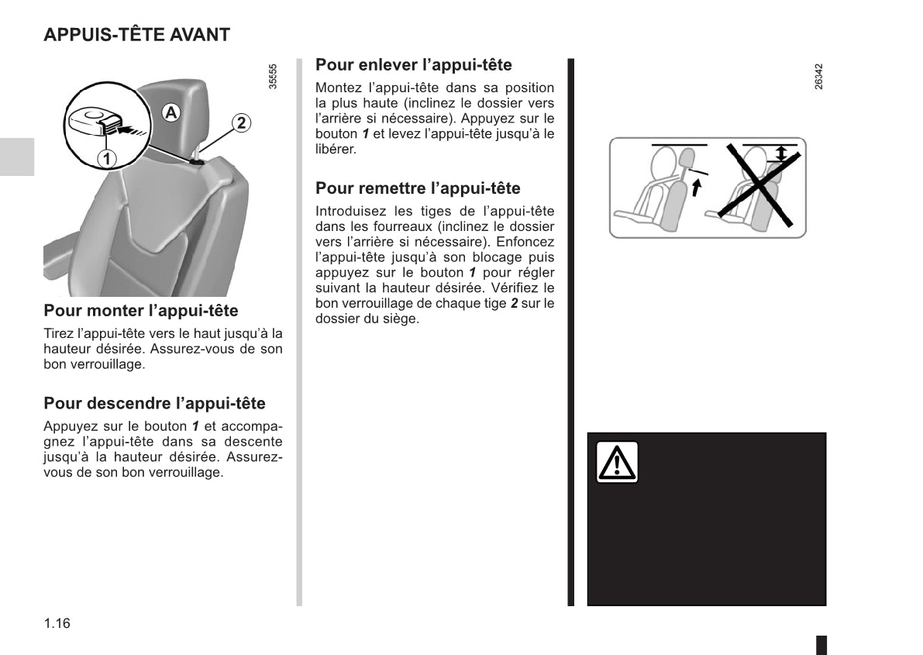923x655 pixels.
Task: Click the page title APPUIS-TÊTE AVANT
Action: tap(136, 35)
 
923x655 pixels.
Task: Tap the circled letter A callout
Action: tap(170, 112)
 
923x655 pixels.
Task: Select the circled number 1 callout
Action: tap(106, 158)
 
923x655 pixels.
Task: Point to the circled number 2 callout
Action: tap(241, 122)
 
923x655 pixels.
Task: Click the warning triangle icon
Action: tap(617, 463)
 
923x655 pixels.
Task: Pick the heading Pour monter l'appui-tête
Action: tap(141, 311)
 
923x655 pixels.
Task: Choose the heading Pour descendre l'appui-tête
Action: tap(154, 403)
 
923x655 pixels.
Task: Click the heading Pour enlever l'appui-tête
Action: tap(413, 65)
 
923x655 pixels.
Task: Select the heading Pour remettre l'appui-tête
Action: tap(418, 188)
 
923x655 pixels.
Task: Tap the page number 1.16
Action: tap(57, 623)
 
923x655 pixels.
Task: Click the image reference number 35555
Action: tap(273, 77)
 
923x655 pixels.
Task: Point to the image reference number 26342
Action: tap(819, 77)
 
